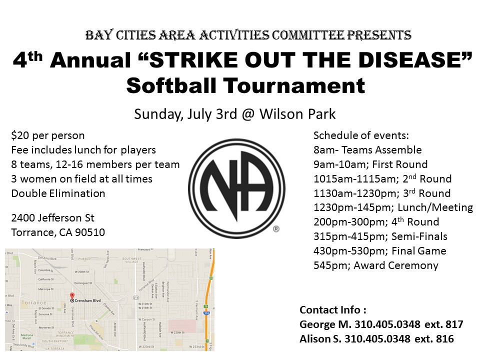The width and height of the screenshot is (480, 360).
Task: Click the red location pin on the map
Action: [x=71, y=296]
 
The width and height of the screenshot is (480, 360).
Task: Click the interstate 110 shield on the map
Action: [x=205, y=312]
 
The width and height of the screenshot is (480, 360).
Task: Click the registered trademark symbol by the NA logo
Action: [x=276, y=229]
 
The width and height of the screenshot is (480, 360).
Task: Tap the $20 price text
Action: [x=19, y=135]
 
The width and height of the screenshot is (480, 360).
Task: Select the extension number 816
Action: [x=445, y=338]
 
